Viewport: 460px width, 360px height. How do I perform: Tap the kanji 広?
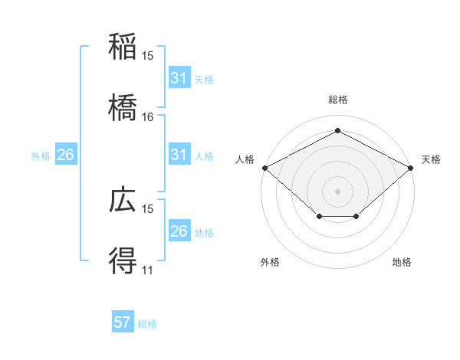[x=123, y=200]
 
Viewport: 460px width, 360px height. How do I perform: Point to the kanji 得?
[x=123, y=261]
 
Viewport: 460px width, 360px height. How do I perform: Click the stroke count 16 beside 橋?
[x=148, y=116]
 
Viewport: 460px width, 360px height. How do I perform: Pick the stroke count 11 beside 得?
[x=148, y=270]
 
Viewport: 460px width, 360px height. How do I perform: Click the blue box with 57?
[x=123, y=322]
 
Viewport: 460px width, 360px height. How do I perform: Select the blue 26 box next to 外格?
[x=65, y=155]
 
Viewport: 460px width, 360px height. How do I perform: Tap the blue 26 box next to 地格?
[x=179, y=231]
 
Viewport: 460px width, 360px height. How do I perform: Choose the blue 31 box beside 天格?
[x=179, y=78]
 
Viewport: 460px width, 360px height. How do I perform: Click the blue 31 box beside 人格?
[x=179, y=155]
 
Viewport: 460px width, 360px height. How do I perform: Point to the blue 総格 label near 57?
[x=147, y=323]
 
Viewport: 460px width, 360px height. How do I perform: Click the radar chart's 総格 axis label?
[x=338, y=100]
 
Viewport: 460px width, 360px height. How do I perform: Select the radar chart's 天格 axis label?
[x=431, y=159]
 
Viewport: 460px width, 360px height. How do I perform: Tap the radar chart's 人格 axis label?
[x=245, y=159]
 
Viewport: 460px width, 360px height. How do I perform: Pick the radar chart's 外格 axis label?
[x=270, y=263]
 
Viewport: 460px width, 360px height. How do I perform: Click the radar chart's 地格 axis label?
[x=402, y=263]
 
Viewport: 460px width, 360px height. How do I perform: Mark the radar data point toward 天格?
[x=411, y=167]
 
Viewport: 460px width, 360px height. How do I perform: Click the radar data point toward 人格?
[x=264, y=167]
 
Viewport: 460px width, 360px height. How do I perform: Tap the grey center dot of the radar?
[x=337, y=191]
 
